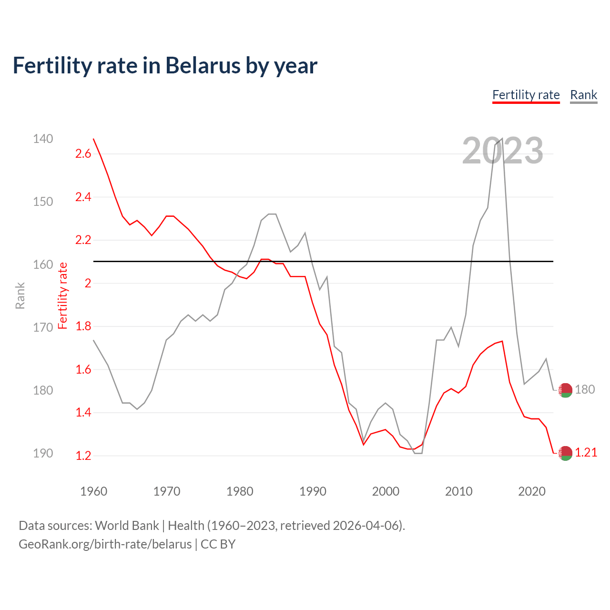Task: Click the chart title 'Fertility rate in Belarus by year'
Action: [165, 66]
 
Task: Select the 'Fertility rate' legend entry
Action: [526, 95]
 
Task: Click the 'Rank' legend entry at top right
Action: [583, 95]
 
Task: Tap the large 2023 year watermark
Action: [502, 151]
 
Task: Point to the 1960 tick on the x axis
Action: [93, 491]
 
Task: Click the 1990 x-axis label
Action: [313, 491]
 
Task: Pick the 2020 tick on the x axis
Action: [531, 491]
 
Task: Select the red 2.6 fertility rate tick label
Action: [83, 154]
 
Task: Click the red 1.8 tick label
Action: [83, 326]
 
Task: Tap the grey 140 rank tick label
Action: [43, 139]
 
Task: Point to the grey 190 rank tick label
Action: [43, 453]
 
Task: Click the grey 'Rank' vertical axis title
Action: [20, 295]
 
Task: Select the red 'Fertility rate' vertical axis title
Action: [62, 295]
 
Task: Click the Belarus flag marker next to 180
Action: [565, 390]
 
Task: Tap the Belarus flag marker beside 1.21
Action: [565, 453]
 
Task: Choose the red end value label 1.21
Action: [586, 453]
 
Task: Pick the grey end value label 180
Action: [585, 390]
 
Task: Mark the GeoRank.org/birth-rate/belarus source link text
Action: [105, 544]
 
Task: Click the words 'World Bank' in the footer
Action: [127, 526]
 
